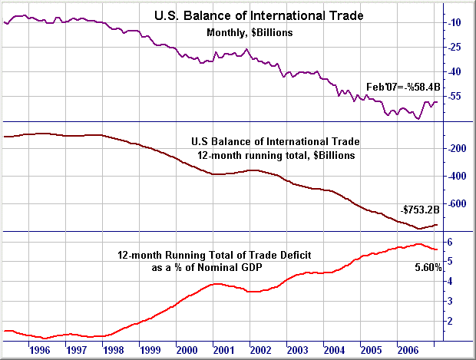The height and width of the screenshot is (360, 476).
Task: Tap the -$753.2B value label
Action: tap(419, 210)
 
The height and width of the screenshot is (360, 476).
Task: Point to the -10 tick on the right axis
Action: tap(453, 23)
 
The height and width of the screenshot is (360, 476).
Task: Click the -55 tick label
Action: tap(453, 97)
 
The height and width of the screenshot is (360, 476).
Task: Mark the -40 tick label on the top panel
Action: tap(453, 72)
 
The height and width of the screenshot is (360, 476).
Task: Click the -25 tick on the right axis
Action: tap(453, 48)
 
